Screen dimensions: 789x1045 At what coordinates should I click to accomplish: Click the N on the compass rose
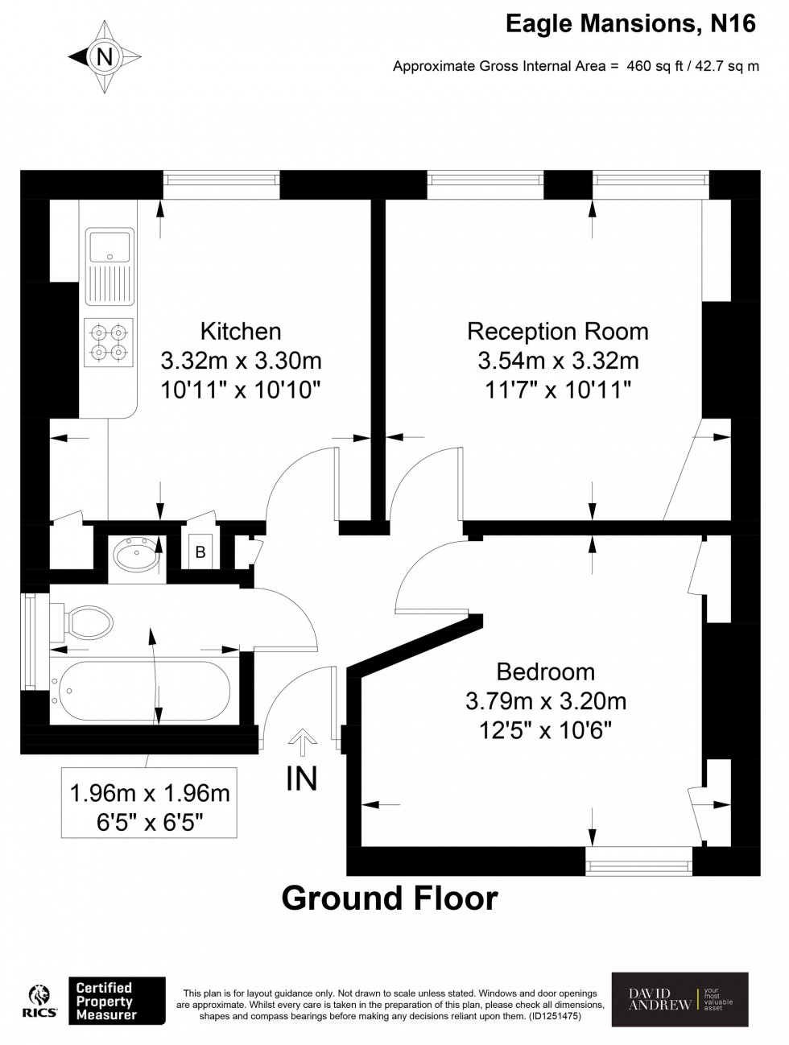[x=105, y=57]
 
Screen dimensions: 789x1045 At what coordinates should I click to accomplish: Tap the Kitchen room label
[x=241, y=332]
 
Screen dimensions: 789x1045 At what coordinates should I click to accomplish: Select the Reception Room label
[x=558, y=332]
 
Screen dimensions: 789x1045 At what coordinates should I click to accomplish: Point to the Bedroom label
[x=546, y=672]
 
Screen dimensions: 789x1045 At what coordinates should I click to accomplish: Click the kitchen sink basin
[x=110, y=246]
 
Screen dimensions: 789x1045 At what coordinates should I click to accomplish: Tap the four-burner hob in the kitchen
[x=109, y=342]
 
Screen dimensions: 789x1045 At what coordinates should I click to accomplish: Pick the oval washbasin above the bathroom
[x=137, y=554]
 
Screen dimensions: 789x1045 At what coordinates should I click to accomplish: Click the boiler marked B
[x=200, y=552]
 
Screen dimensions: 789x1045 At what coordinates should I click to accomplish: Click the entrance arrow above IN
[x=302, y=742]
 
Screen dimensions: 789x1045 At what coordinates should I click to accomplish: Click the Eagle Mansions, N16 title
[x=630, y=24]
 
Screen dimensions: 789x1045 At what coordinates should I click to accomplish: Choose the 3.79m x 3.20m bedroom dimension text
[x=546, y=701]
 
